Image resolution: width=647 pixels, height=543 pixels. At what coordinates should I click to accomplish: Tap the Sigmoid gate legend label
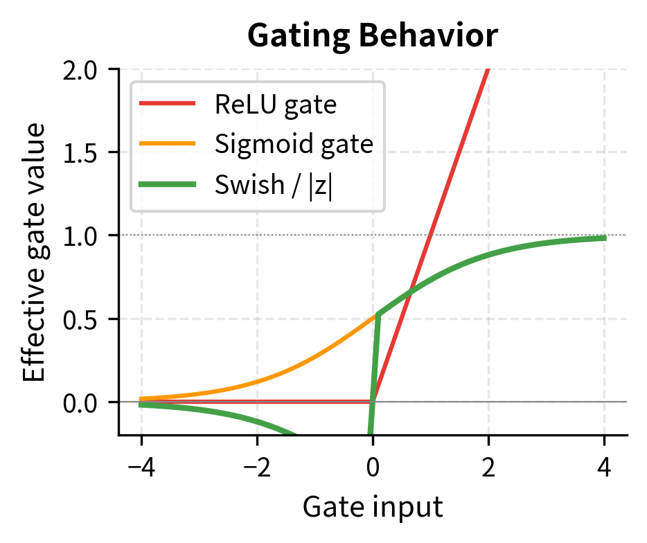pyautogui.click(x=294, y=145)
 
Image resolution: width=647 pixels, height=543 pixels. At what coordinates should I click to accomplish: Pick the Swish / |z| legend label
pyautogui.click(x=274, y=186)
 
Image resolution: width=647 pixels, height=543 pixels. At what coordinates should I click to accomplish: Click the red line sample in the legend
pyautogui.click(x=167, y=105)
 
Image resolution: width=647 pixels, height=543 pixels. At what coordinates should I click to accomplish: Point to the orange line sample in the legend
pyautogui.click(x=167, y=145)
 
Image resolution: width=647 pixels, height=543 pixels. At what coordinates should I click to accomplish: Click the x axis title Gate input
pyautogui.click(x=373, y=507)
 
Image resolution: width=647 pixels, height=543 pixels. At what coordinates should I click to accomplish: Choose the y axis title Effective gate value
pyautogui.click(x=35, y=252)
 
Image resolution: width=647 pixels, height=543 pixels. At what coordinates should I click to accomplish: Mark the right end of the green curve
pyautogui.click(x=605, y=238)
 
